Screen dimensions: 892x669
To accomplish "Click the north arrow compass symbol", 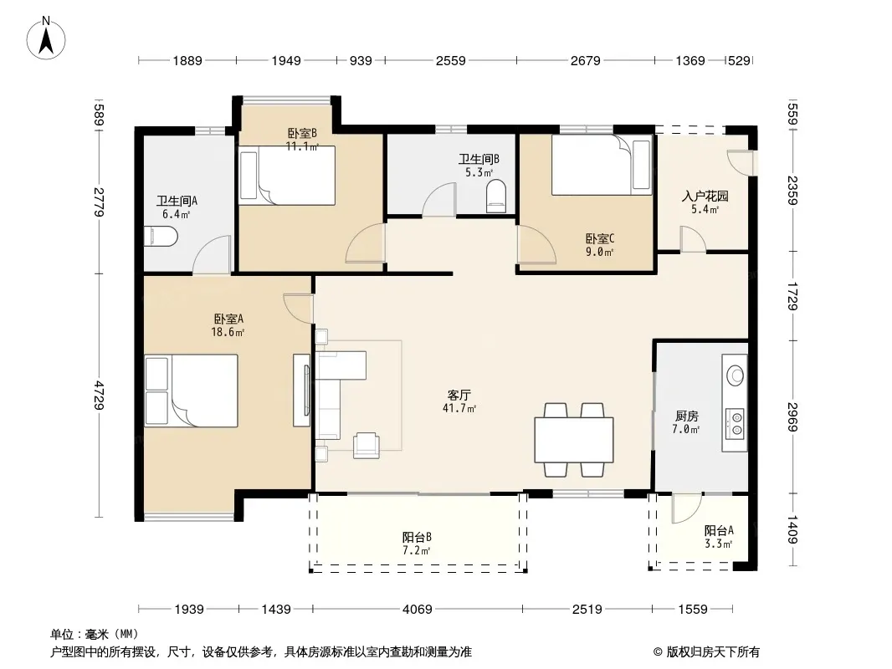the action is [x=46, y=38].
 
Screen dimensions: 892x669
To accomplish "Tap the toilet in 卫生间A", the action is [x=161, y=237].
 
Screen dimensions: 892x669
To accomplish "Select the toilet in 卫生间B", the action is [x=496, y=196].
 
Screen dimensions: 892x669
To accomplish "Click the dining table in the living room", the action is [x=573, y=439].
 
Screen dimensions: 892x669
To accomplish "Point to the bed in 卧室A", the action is [x=191, y=391].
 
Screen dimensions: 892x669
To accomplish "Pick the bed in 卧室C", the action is [x=602, y=165].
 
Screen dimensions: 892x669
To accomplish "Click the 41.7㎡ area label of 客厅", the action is [x=459, y=408].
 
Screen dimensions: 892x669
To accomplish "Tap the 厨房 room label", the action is [x=687, y=416].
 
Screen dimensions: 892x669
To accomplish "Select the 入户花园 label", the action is [x=705, y=197].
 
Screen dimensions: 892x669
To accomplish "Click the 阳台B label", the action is [x=417, y=537].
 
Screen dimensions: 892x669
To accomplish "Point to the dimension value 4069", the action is [x=418, y=610].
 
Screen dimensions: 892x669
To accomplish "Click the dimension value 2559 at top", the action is [x=450, y=60].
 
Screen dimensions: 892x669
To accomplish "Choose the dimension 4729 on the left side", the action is [x=100, y=395].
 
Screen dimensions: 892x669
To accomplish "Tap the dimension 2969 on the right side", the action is [x=792, y=416].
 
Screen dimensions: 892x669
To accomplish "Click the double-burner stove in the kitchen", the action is [x=735, y=424].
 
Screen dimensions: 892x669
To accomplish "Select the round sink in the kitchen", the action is [x=735, y=375].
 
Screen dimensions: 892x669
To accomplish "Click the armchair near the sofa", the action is [x=367, y=445].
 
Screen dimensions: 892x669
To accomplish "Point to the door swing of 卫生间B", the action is [x=439, y=199].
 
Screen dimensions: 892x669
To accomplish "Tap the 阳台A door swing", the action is [x=687, y=508].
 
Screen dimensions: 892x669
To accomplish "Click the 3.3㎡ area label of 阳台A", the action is [x=718, y=544].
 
